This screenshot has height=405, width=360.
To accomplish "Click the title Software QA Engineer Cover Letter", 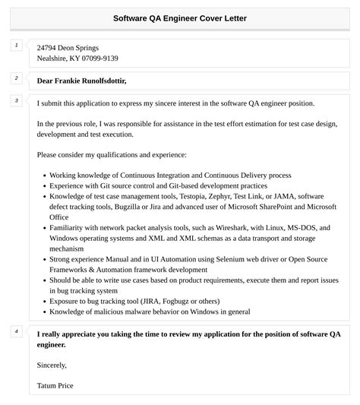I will tap(180, 17).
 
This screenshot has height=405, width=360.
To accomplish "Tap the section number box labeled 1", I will tap(17, 46).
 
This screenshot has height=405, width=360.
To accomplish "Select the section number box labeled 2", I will tap(17, 78).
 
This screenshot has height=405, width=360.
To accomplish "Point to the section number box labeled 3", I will tap(17, 100).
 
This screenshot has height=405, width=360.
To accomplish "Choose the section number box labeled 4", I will tap(17, 331).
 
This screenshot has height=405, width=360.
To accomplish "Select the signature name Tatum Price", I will tap(55, 385).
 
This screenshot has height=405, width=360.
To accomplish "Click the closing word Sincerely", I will tap(52, 365).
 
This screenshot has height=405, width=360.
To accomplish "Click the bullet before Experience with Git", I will tap(43, 185).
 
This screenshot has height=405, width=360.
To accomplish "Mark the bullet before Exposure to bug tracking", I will tap(43, 301).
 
